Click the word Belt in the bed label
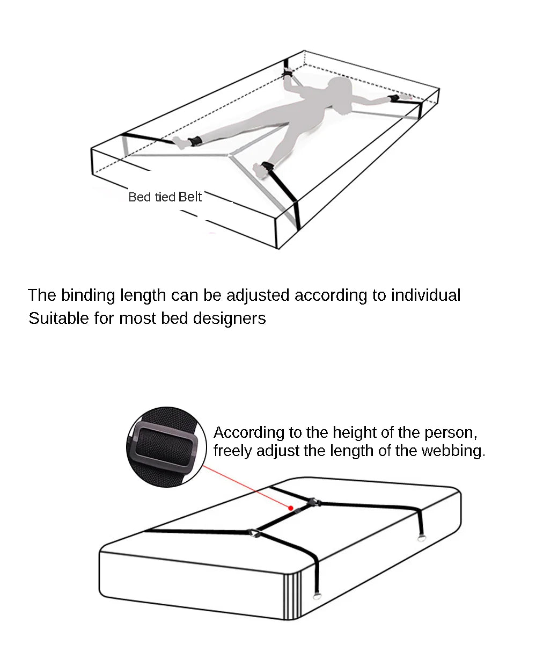pos(190,197)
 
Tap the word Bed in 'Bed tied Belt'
pos(139,197)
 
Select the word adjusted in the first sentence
pos(258,295)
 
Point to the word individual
pos(426,295)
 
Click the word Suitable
pos(59,319)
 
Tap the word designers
pos(230,319)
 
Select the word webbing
pos(453,451)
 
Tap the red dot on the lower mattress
pos(291,508)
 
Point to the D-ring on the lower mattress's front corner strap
pos(318,597)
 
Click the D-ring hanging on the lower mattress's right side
pos(421,539)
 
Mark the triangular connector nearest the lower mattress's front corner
pos(255,533)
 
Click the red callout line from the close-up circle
pos(247,487)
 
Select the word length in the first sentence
pos(143,295)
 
